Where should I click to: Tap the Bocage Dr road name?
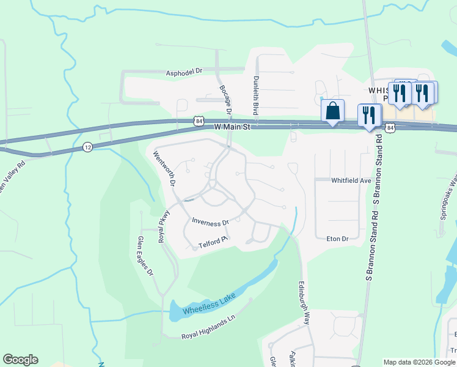(x=225, y=100)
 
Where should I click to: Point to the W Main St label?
(x=233, y=126)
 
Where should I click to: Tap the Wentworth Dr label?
(x=164, y=169)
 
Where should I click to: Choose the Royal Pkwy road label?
(x=164, y=227)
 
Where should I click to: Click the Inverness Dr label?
(x=210, y=221)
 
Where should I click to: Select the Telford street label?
(x=213, y=245)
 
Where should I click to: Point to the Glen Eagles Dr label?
(x=145, y=257)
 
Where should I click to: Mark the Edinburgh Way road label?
(x=304, y=303)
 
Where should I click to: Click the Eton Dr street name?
(x=337, y=239)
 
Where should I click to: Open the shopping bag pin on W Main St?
(x=332, y=111)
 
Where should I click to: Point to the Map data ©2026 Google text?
(x=419, y=362)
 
